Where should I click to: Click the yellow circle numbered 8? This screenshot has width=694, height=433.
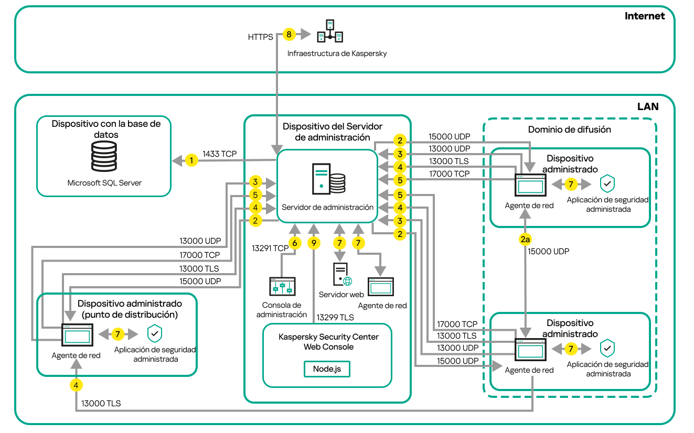coord(289,34)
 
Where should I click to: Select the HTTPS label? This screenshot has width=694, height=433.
coord(260,37)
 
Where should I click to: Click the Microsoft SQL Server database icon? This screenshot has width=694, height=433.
coord(104,156)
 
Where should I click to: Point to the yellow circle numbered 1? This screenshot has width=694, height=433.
coord(192,160)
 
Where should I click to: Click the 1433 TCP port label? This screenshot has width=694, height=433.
coord(220,154)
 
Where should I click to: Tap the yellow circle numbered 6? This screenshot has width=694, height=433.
coord(295,243)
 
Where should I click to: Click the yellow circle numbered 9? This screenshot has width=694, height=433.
coord(314,243)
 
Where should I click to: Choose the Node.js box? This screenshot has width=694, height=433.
coord(327,369)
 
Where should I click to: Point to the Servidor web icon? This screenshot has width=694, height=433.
coord(342,275)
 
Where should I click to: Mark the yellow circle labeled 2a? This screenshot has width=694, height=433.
coord(525,239)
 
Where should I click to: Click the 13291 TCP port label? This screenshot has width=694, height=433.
coord(270,247)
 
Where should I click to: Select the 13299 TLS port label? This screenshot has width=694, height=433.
coord(334,317)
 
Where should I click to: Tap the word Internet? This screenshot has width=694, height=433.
coord(644,16)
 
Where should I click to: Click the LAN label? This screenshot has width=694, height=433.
coord(648,106)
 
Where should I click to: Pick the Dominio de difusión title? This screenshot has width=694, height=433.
coord(569,129)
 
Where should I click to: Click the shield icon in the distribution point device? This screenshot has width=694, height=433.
coord(154,333)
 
